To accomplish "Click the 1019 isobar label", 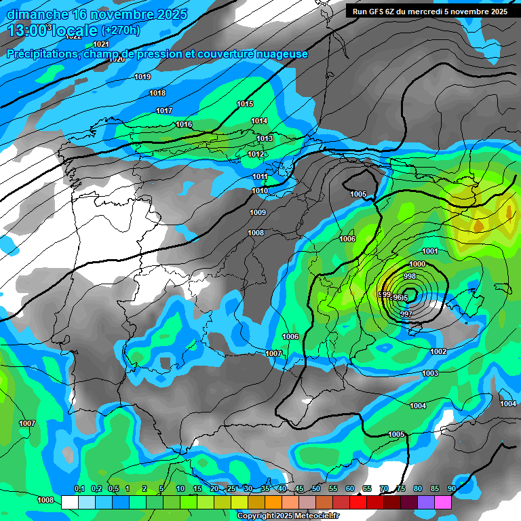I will click(142, 77).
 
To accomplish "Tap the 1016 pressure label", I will click(184, 125).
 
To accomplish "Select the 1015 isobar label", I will click(245, 104).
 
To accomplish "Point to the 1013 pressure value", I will click(265, 139).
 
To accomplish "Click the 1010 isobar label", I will click(260, 191).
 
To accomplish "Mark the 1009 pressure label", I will click(258, 213).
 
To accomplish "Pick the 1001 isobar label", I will click(430, 252).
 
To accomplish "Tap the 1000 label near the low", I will click(417, 265).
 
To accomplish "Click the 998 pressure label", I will click(410, 277).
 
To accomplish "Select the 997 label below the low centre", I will click(406, 314).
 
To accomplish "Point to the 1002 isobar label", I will click(438, 351).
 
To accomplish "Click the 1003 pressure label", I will click(430, 374).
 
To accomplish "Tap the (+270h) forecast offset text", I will click(121, 30).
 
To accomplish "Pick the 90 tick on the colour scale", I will click(451, 488).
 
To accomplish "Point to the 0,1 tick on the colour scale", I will click(79, 488).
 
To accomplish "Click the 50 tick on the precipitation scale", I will click(316, 488).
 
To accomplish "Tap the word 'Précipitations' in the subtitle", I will click(41, 54).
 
